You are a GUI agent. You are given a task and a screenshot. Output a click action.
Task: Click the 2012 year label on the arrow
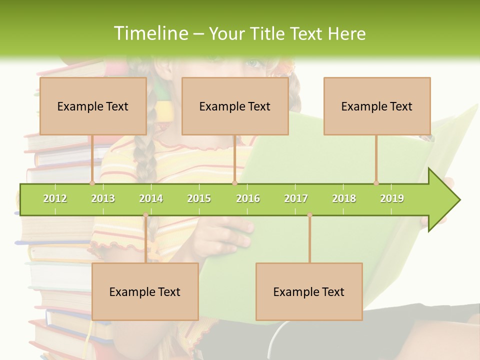55,198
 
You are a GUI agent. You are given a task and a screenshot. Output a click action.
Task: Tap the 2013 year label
103,198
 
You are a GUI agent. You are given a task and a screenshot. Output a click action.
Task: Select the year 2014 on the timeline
151,198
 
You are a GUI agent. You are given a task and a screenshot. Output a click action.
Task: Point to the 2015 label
199,198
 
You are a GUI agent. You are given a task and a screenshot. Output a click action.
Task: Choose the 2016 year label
248,198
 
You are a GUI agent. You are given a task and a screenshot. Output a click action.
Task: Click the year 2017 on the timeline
296,198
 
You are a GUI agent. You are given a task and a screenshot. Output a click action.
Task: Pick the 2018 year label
344,198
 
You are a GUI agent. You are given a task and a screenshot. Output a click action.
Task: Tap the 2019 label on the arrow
392,198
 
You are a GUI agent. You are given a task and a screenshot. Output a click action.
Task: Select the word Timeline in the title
150,33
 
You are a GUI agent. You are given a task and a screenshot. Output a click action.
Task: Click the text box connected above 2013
93,106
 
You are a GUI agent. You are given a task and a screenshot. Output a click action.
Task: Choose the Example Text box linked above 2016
235,106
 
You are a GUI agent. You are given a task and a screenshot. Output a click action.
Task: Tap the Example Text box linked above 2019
377,106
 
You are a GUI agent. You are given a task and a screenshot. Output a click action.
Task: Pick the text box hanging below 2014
145,291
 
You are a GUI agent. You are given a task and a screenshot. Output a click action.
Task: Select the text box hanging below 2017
309,291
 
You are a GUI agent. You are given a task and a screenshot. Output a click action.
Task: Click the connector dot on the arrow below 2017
309,215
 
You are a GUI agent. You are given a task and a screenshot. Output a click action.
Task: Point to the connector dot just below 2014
145,215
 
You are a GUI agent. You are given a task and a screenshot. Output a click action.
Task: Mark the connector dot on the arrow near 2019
376,183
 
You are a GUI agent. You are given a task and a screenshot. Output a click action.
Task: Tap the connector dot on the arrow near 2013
92,183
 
